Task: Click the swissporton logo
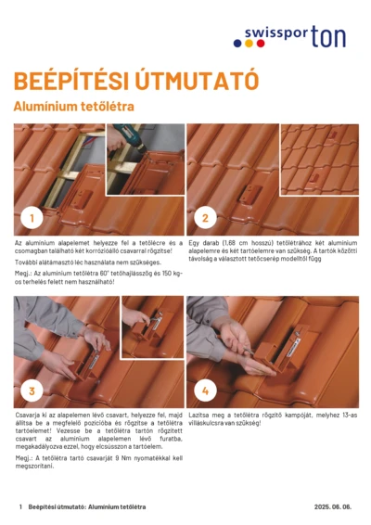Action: (x=294, y=37)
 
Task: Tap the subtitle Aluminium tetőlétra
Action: (x=74, y=107)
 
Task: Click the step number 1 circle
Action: (x=32, y=219)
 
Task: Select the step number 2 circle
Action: (x=205, y=219)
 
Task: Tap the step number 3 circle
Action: (x=32, y=391)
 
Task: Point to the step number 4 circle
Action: (x=205, y=391)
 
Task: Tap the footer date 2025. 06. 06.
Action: (x=333, y=507)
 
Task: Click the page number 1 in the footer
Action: (x=20, y=507)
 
